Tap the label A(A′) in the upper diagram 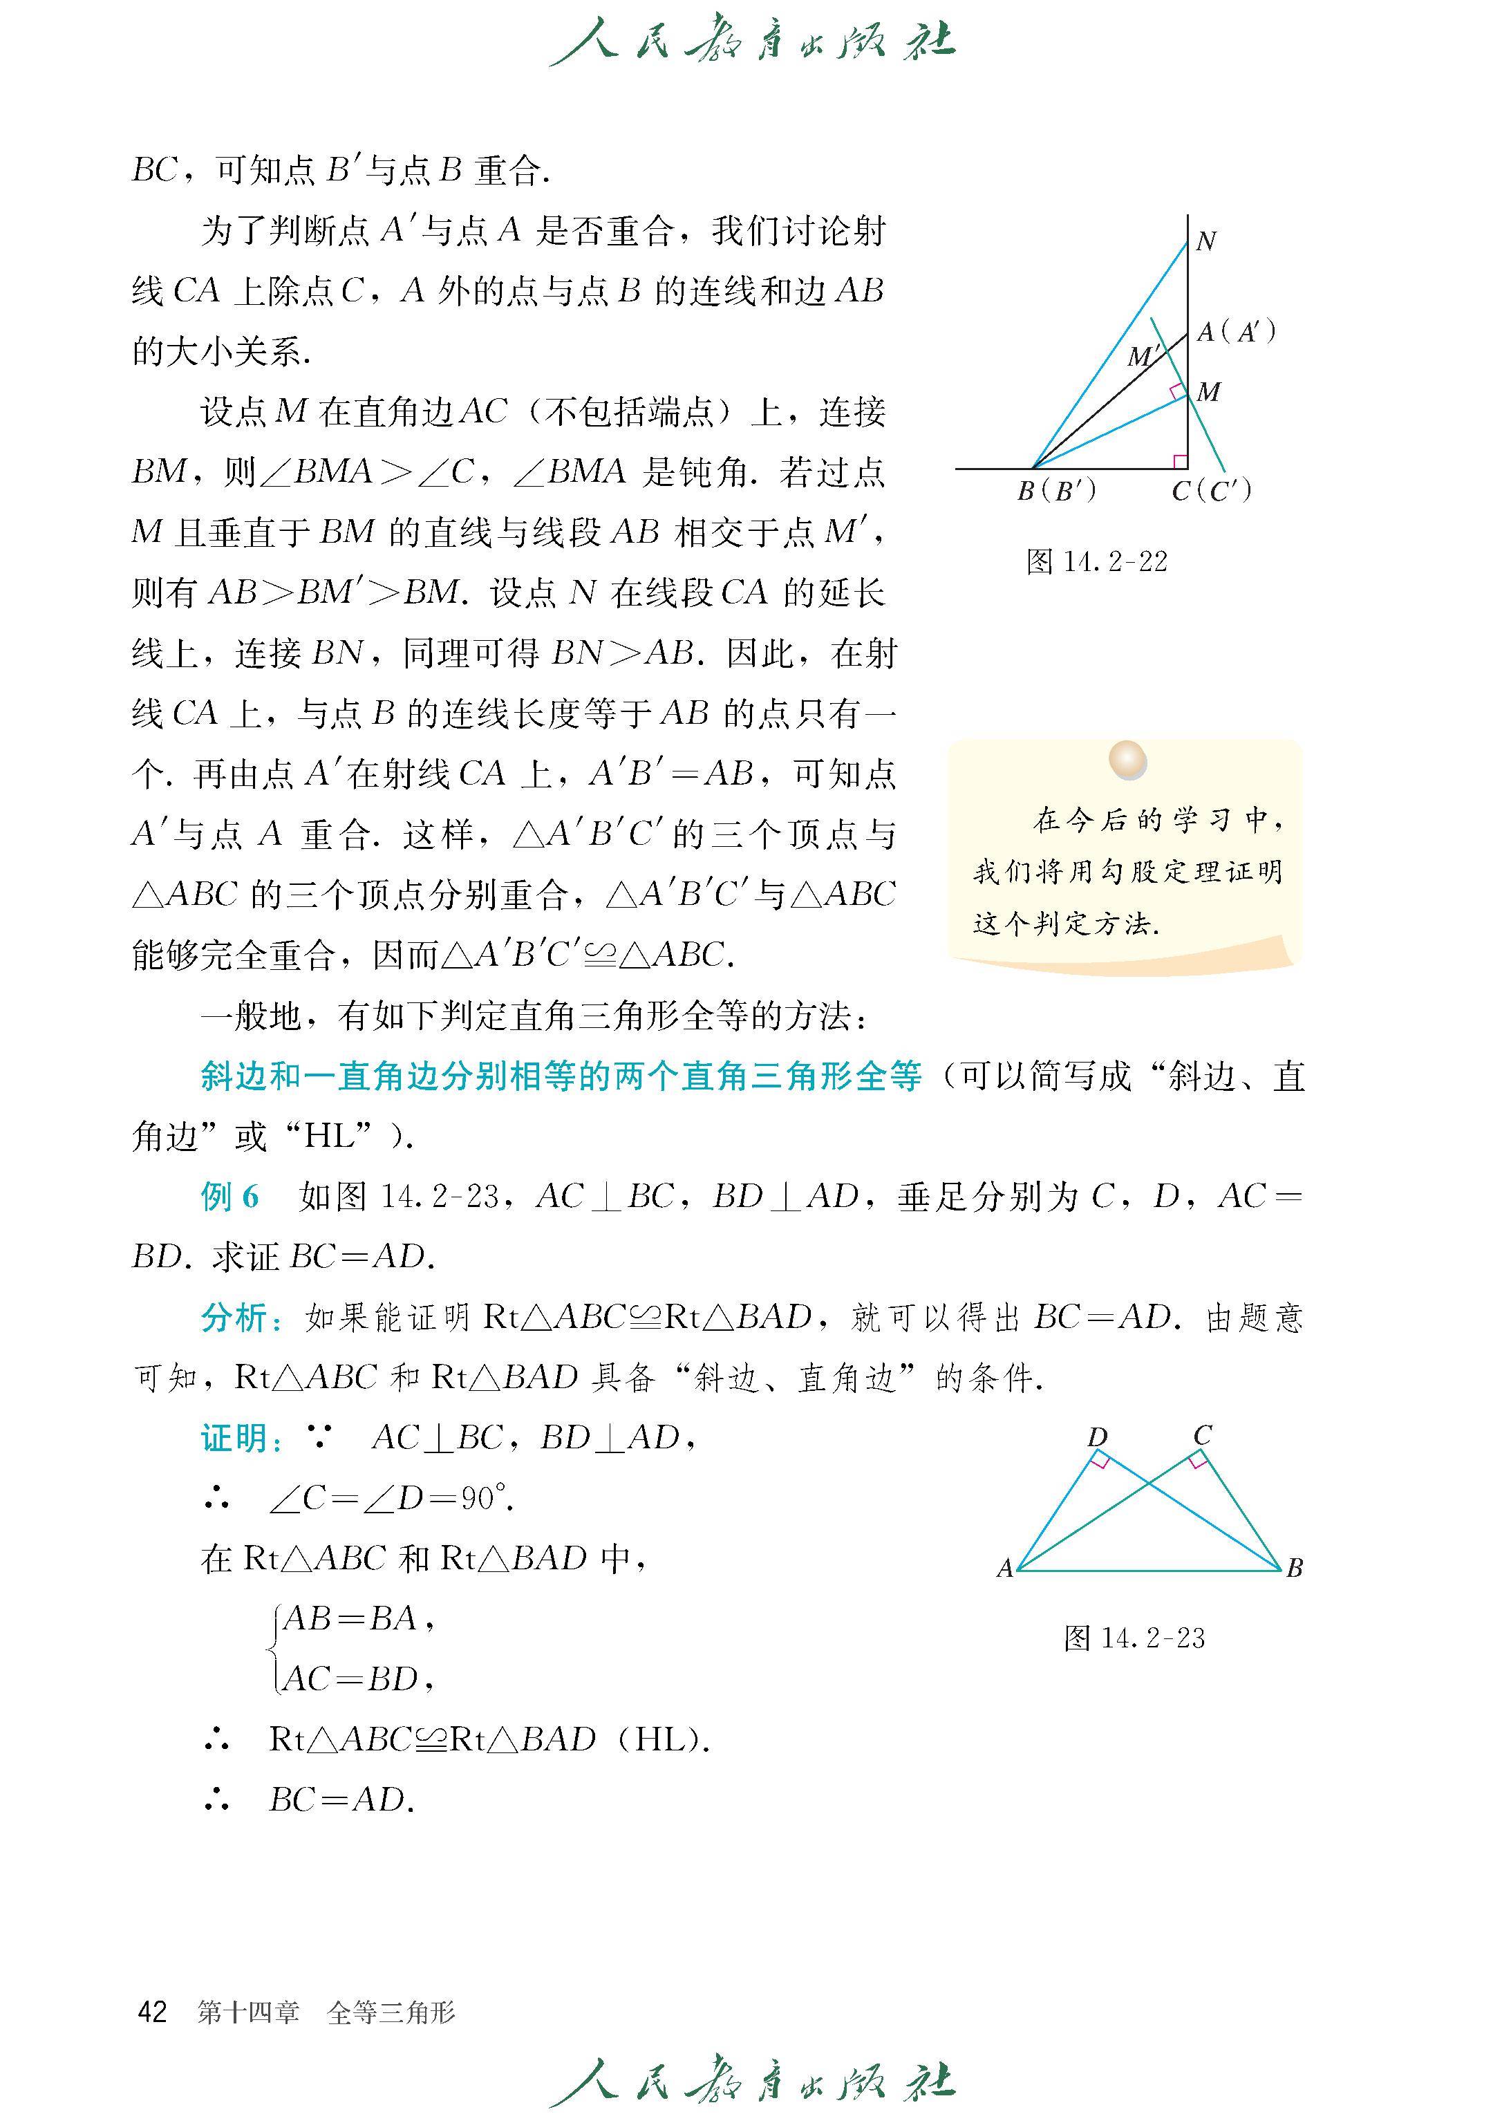point(1237,332)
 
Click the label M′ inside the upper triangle point(1143,356)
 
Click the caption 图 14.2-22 point(1097,561)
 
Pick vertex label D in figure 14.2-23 point(1097,1437)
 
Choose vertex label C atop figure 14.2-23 point(1202,1436)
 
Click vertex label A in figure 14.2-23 point(1005,1569)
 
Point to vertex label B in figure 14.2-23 point(1295,1568)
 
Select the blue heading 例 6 point(229,1197)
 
